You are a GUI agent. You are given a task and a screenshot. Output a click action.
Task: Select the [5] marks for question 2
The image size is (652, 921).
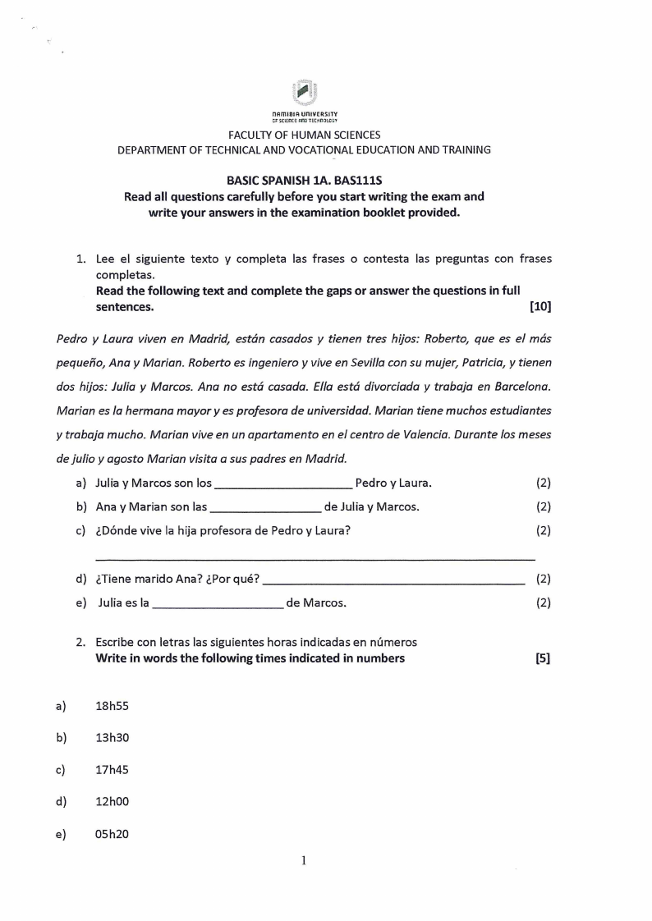click(x=542, y=658)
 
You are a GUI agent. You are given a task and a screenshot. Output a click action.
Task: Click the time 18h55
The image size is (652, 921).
click(x=112, y=705)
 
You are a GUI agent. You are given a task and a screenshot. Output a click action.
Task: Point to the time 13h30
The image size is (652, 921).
click(x=112, y=737)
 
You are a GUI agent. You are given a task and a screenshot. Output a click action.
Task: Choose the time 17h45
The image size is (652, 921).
click(x=112, y=770)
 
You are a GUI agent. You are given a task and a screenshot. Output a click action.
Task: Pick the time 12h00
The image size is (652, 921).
click(x=112, y=802)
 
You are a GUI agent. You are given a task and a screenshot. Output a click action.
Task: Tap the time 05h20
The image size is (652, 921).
click(x=112, y=834)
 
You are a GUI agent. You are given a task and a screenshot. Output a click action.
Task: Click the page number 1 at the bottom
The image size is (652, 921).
click(x=304, y=861)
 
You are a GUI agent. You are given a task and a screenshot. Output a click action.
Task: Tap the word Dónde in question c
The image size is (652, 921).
click(x=122, y=530)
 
